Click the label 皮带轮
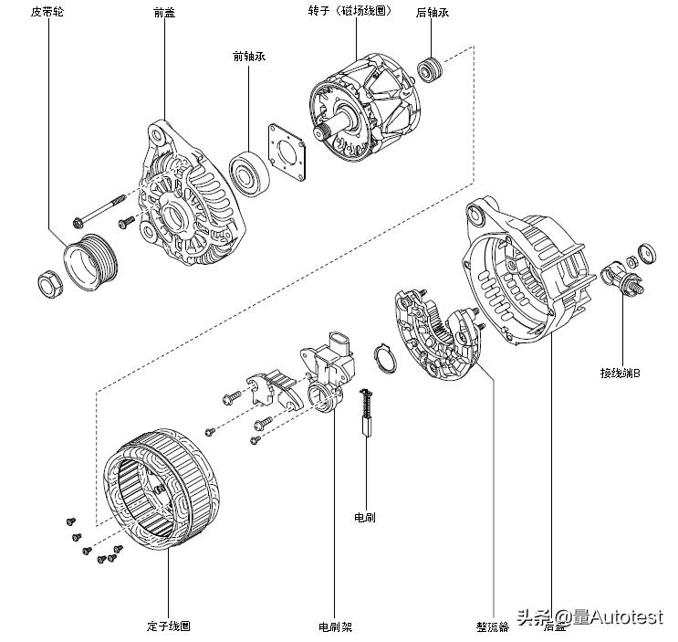pos(48,12)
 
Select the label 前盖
pos(165,12)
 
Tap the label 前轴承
pos(249,57)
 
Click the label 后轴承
pos(432,12)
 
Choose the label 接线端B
pos(620,373)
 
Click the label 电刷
pos(364,518)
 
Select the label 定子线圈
pos(170,626)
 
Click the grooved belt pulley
pos(89,261)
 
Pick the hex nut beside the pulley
pos(48,283)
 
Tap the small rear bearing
pos(429,68)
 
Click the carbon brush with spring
pos(368,412)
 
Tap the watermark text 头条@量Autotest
pos(589,617)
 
